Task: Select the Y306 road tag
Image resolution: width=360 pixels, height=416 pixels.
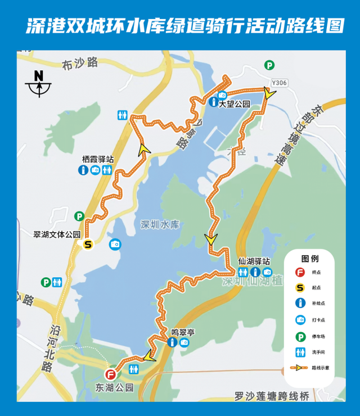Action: (x=279, y=83)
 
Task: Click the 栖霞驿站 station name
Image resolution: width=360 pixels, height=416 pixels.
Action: (x=97, y=160)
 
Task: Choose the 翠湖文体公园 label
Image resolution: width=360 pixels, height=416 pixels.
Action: (x=57, y=234)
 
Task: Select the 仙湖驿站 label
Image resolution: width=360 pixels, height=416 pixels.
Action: (x=254, y=261)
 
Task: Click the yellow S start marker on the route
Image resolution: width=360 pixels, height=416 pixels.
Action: (x=88, y=245)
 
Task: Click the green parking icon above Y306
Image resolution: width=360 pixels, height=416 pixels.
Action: (x=270, y=65)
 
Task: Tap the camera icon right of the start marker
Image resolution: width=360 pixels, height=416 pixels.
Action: (x=115, y=244)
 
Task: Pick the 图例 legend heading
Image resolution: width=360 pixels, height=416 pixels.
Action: (x=310, y=259)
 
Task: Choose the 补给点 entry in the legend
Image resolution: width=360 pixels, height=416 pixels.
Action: (x=317, y=304)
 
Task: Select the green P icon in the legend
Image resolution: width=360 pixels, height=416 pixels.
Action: (x=300, y=336)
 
